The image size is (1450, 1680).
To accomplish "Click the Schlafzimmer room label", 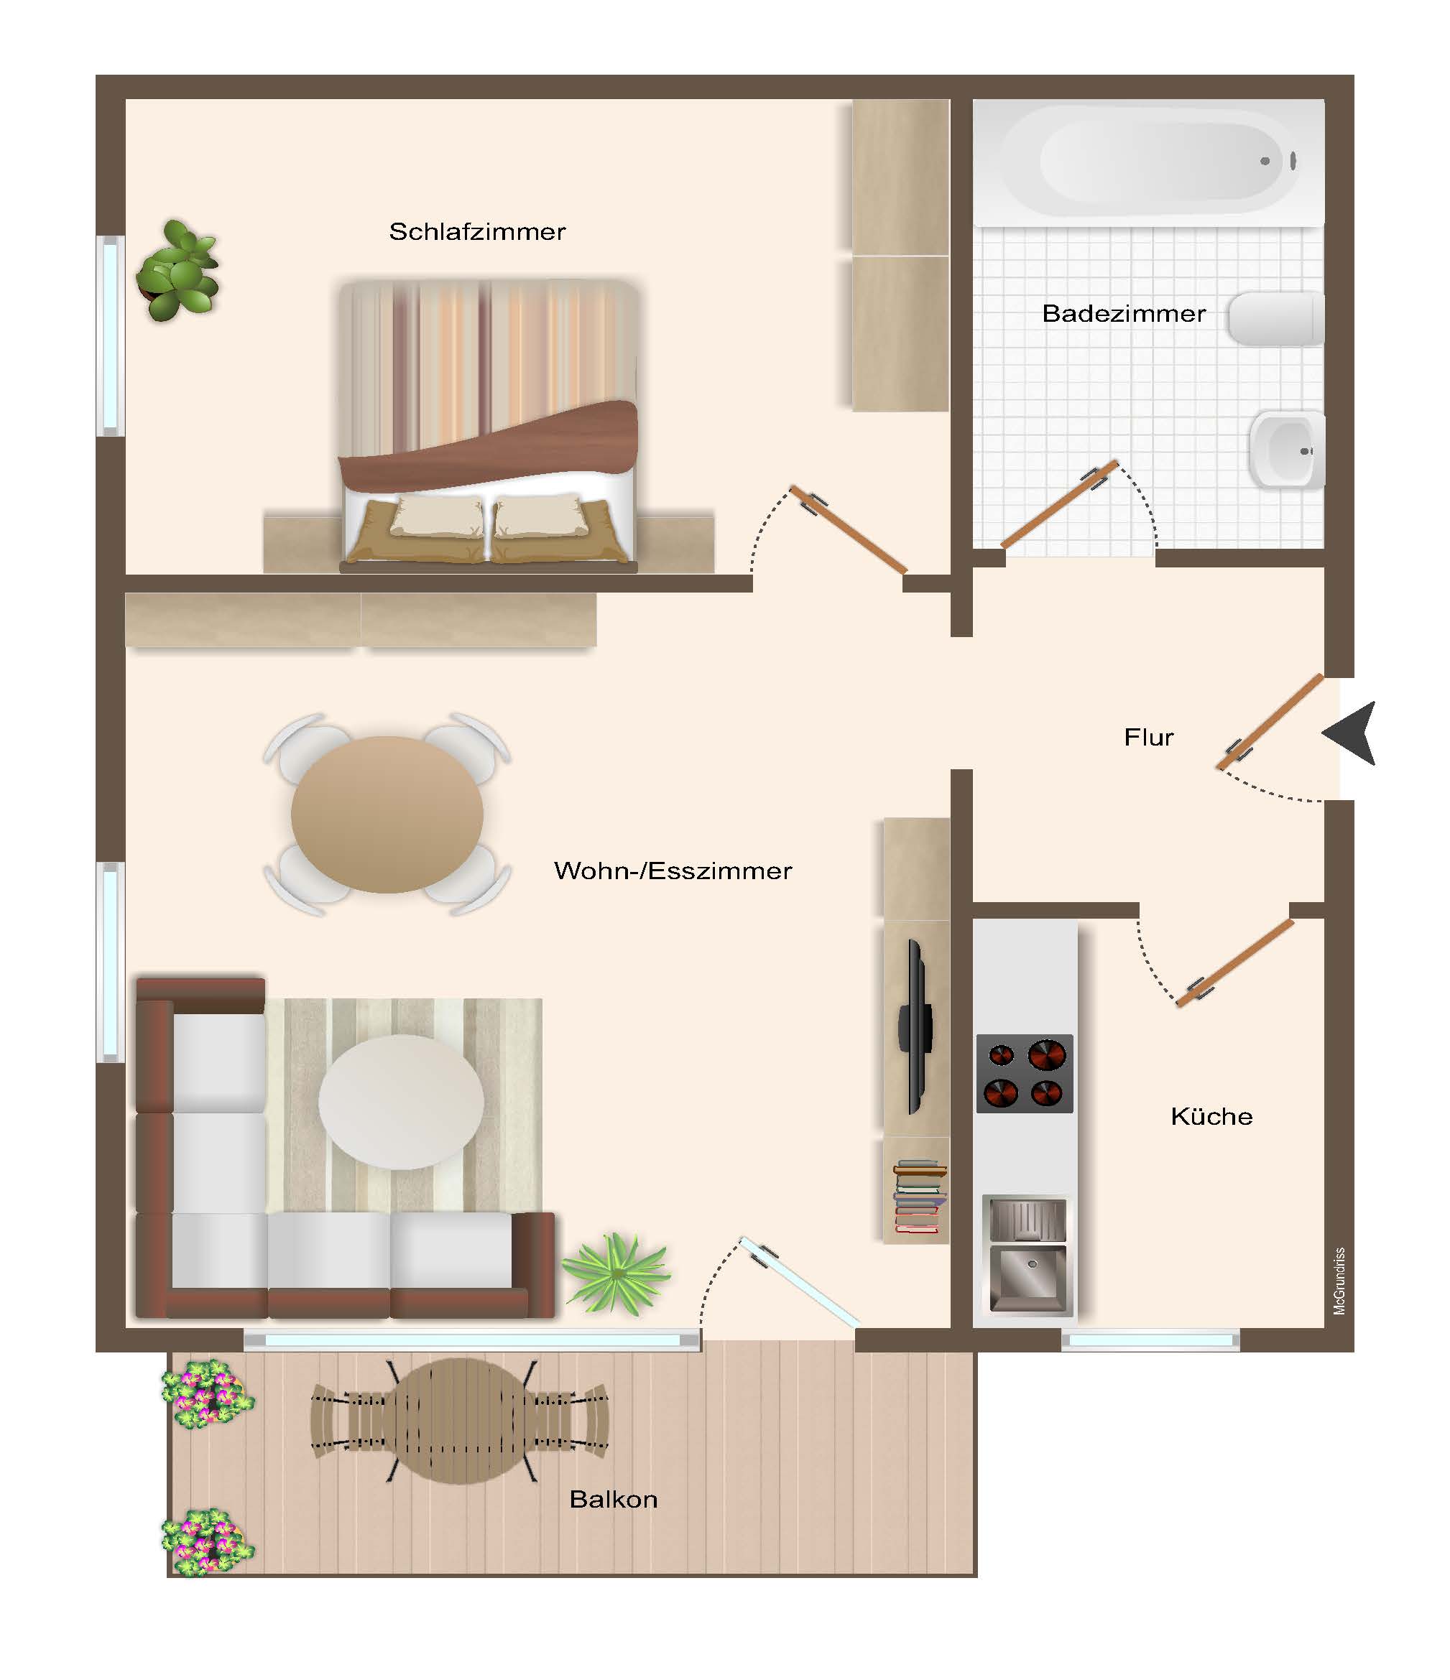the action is coord(477,232).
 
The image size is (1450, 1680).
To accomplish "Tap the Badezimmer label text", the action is coord(1124,314).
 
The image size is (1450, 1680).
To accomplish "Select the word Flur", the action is coord(1148,737).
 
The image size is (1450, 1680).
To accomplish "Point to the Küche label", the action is coord(1211,1116).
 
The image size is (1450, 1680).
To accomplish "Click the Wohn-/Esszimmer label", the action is coord(673,871).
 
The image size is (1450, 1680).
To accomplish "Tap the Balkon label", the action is coord(613,1499).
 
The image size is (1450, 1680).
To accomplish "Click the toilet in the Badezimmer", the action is coord(1275,319).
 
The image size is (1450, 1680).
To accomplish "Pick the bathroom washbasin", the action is coord(1287,449).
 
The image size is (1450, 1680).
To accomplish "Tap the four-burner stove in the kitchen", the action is coord(1024,1074).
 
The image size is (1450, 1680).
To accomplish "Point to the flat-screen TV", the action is coord(915,1026).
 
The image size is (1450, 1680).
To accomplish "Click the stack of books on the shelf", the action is coord(919,1197).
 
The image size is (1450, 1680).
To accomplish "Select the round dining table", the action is coord(387,814).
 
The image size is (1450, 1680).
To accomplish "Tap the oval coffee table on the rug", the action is coord(402,1101).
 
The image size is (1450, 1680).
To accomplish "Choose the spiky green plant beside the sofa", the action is coord(617,1272).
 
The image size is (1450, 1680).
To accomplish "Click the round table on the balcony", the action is coord(460,1421).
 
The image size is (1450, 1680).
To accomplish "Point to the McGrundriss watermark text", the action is coord(1339,1282).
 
